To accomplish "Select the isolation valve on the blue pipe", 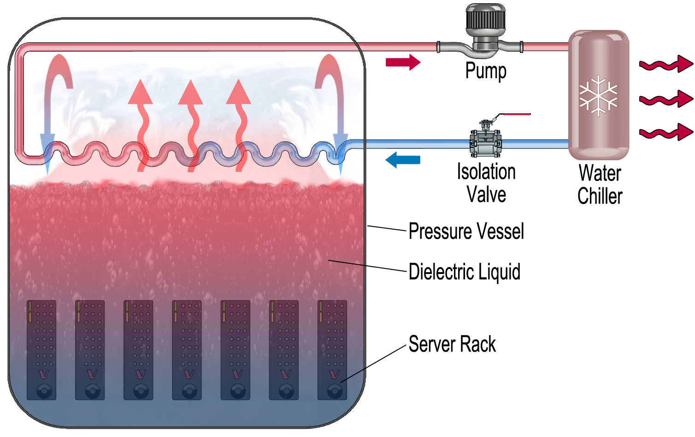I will coord(485,142).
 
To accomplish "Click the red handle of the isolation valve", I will coord(516,114).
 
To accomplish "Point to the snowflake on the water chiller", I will coord(598,96).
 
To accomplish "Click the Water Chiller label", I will coord(600,185).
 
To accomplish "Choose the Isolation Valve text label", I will coord(486,183).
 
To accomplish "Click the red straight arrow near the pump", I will coord(403,62).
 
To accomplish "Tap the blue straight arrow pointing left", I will coord(403,160).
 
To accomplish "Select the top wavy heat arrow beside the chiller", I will coord(666,64).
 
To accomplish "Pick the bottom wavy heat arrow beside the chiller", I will coord(666,133).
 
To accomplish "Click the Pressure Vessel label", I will coord(466,231).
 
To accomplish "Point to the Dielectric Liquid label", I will coord(464,272).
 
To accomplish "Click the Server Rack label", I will coord(452,344).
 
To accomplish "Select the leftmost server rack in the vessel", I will coord(41,350).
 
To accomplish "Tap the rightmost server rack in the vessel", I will coord(332,350).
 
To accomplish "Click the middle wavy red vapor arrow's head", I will coord(190,93).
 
